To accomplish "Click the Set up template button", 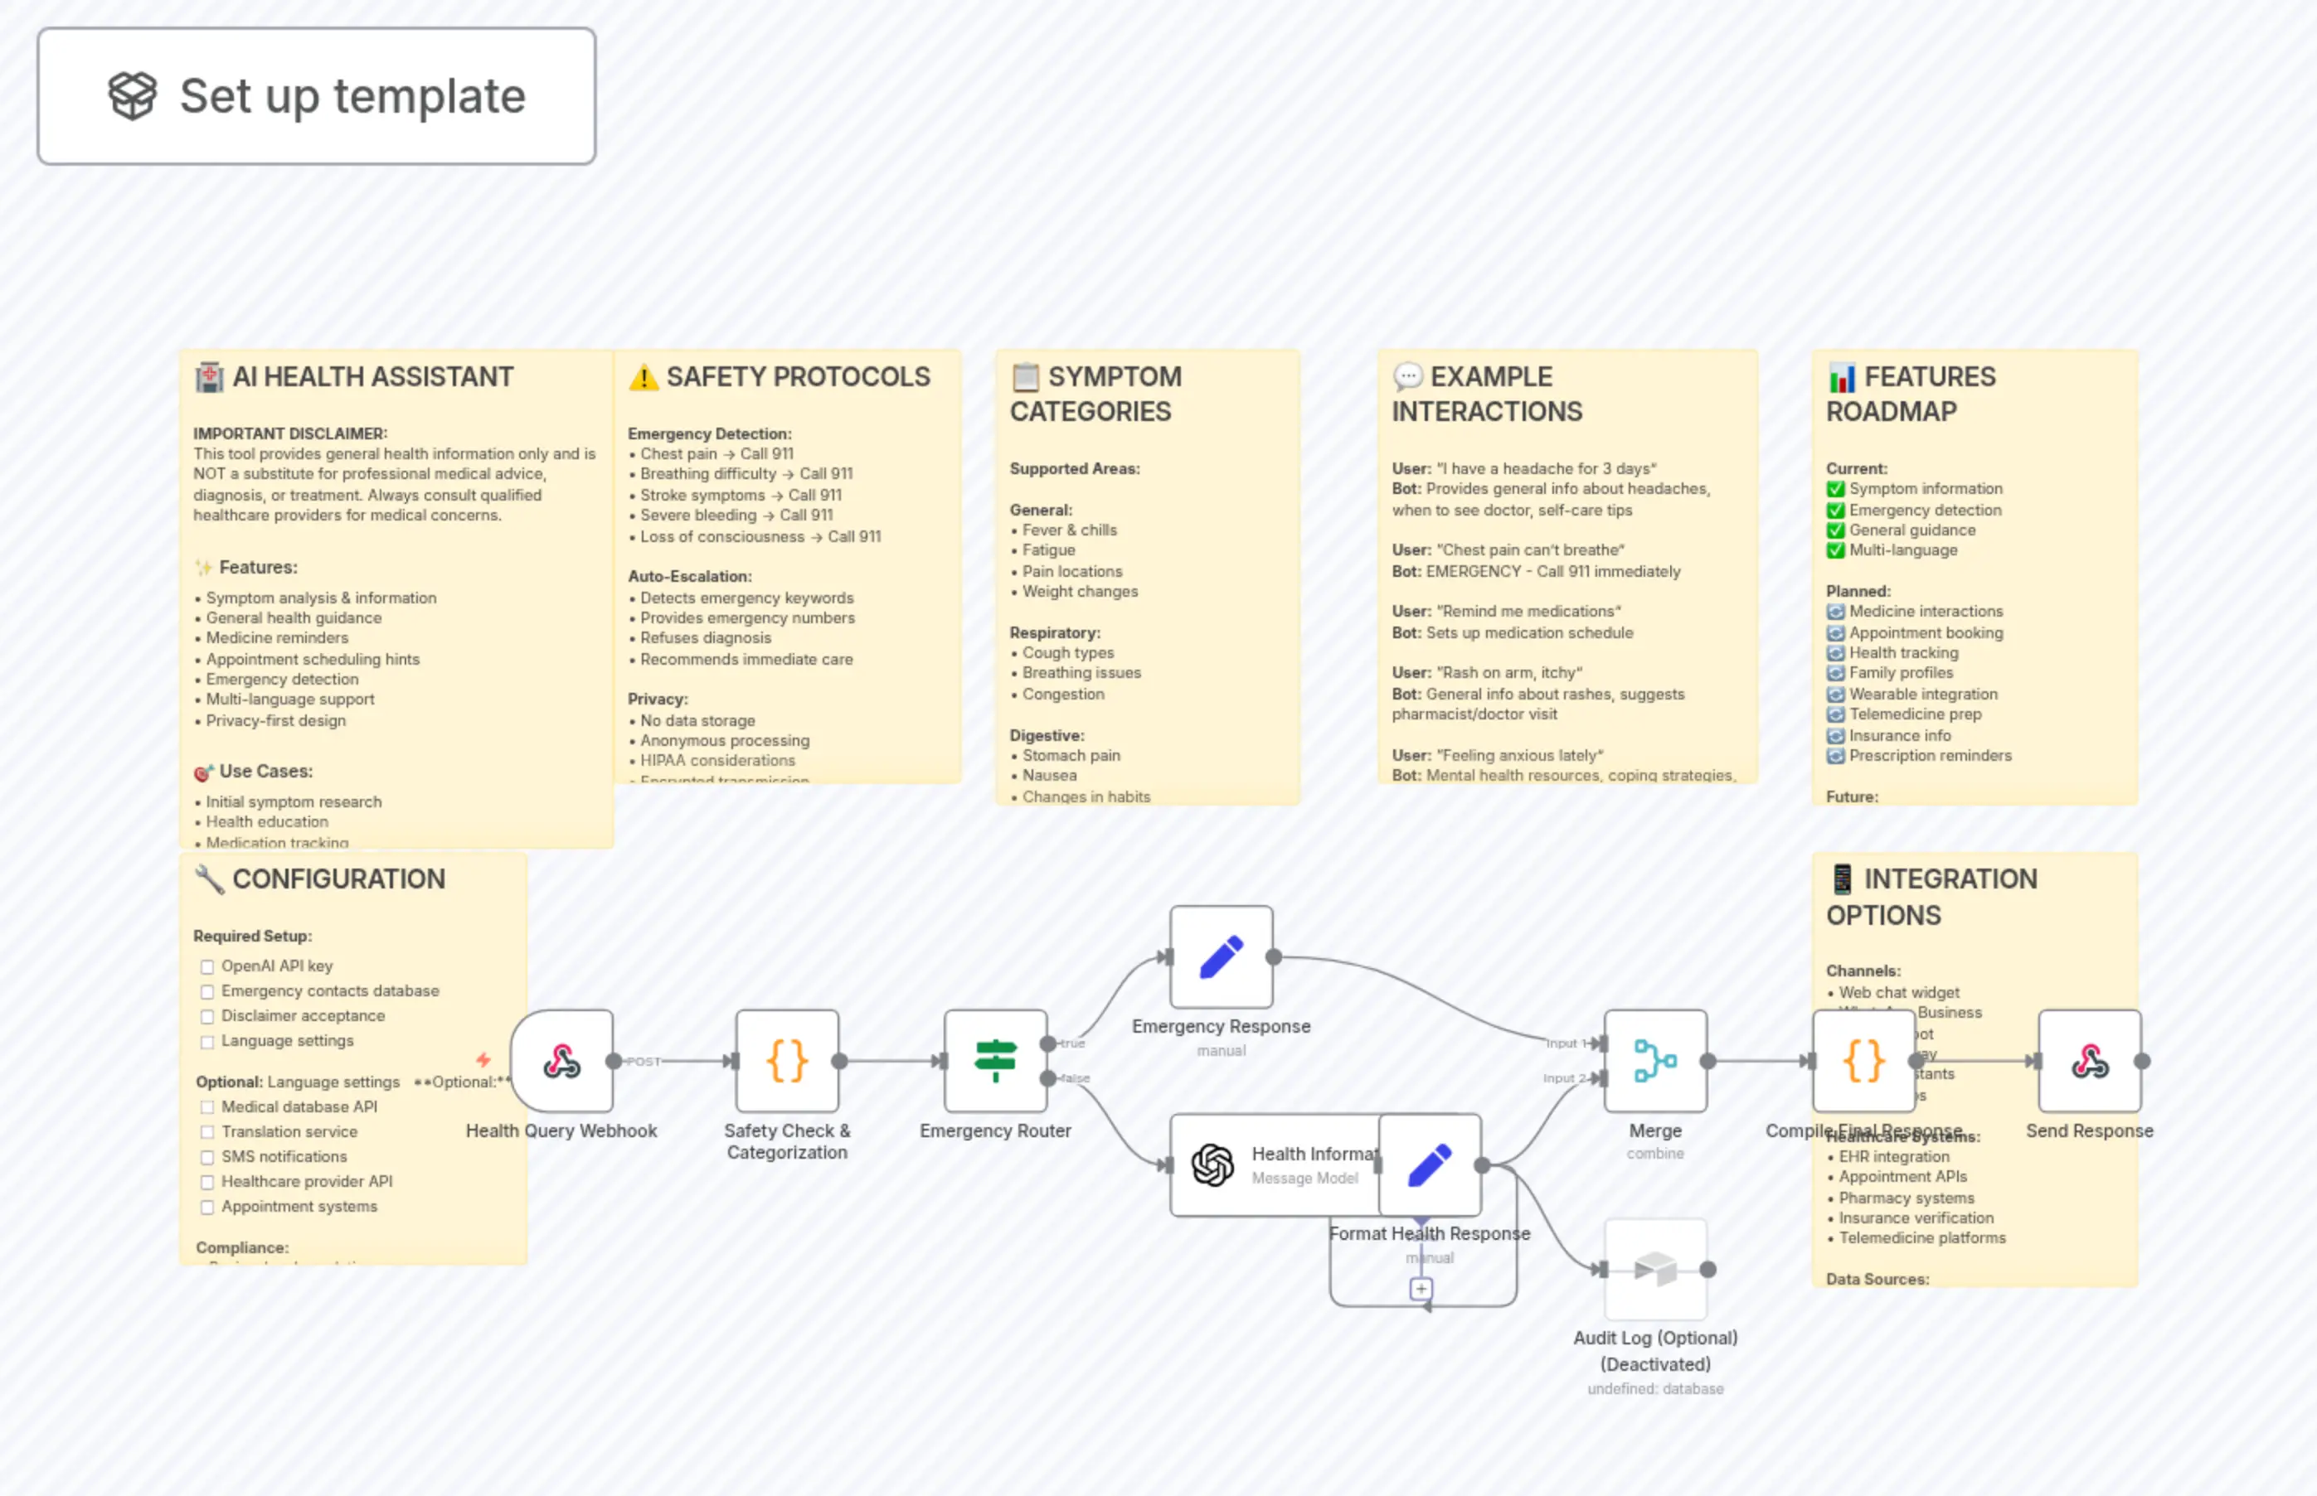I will pos(317,96).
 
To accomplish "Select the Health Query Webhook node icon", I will pos(561,1061).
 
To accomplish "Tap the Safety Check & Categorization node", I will pos(786,1061).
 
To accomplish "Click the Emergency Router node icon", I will pos(995,1061).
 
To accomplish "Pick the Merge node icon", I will pos(1655,1061).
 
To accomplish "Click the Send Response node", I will pos(2090,1061).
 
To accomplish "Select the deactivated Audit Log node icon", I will pos(1655,1269).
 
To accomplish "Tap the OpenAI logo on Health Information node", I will pos(1213,1164).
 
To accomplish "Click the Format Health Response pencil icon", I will pos(1430,1164).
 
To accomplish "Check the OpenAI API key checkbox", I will pos(207,966).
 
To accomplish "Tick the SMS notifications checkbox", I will pos(207,1157).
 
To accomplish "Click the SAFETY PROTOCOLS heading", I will pos(798,377).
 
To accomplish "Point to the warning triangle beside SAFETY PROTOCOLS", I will pos(643,377).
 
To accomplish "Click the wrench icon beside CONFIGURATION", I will pos(209,879).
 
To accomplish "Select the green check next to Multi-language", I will pos(1835,551).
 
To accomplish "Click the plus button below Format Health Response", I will pos(1421,1289).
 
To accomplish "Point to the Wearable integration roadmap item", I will pos(1922,695).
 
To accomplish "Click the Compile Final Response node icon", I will pos(1863,1061).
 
